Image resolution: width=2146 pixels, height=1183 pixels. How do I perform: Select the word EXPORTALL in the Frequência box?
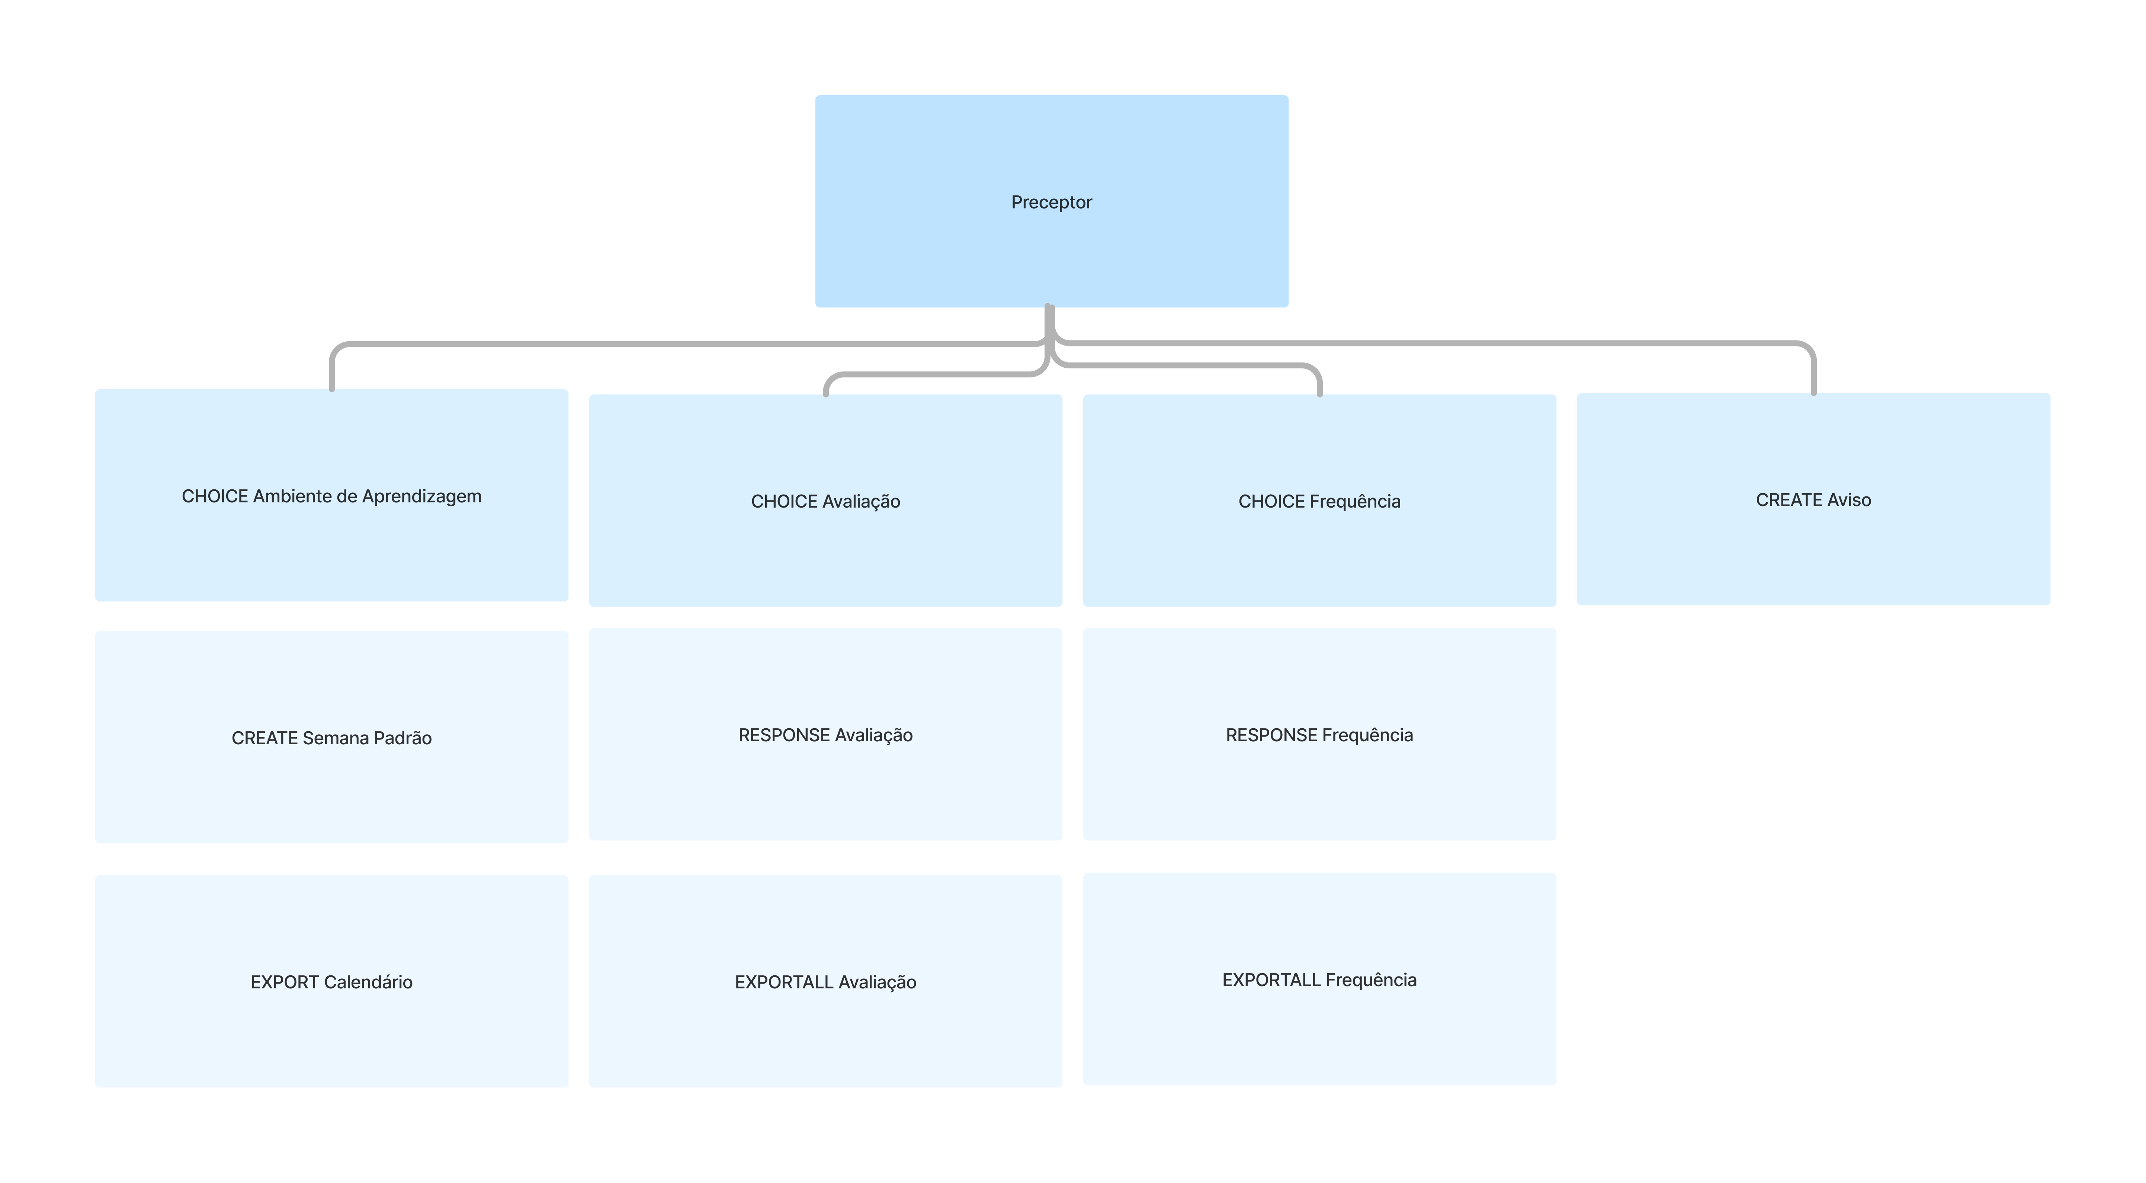coord(1270,980)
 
